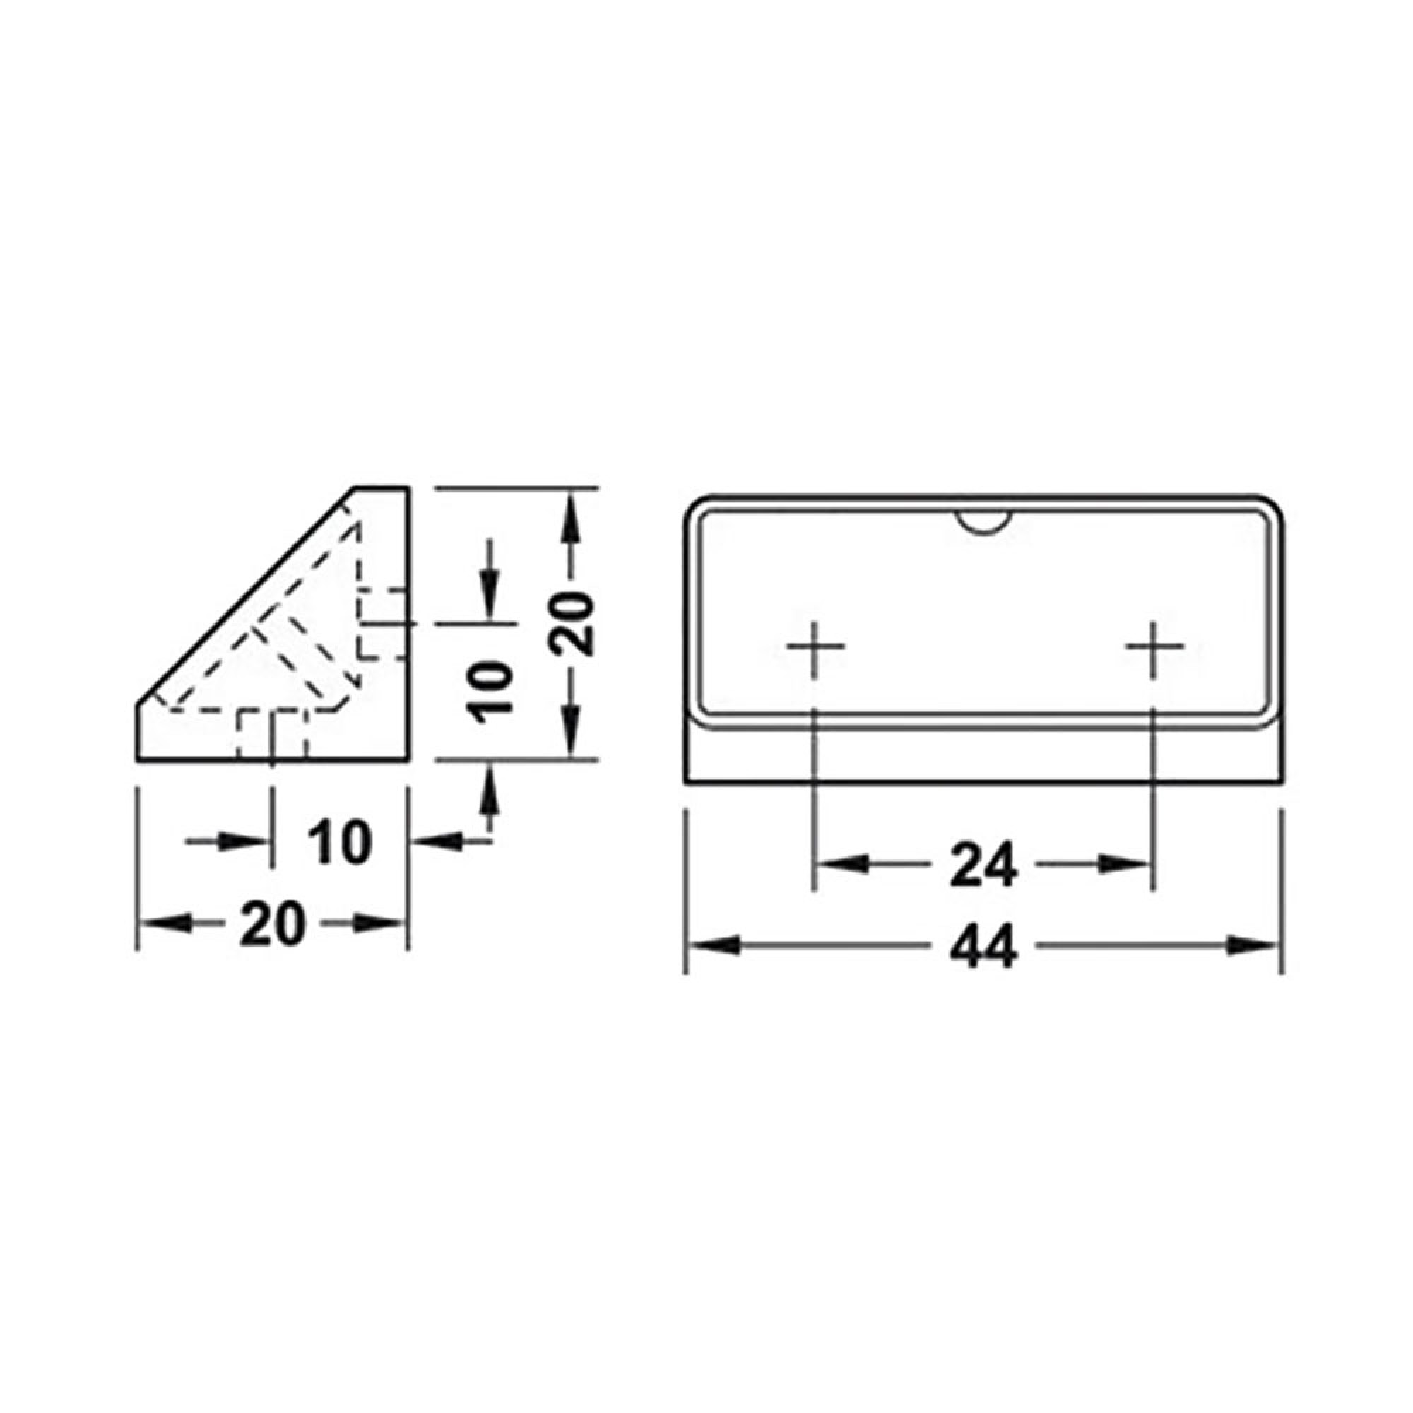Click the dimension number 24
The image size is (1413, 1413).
click(x=983, y=865)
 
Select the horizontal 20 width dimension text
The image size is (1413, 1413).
click(x=271, y=923)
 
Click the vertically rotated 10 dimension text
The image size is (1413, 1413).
click(x=489, y=691)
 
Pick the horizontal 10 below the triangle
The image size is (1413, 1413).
click(x=339, y=844)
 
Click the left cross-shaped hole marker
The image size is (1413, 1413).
click(x=814, y=646)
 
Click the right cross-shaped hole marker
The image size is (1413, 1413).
click(x=1154, y=646)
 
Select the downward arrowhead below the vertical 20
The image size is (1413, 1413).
click(x=572, y=735)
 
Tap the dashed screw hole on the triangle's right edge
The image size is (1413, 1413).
click(x=383, y=623)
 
